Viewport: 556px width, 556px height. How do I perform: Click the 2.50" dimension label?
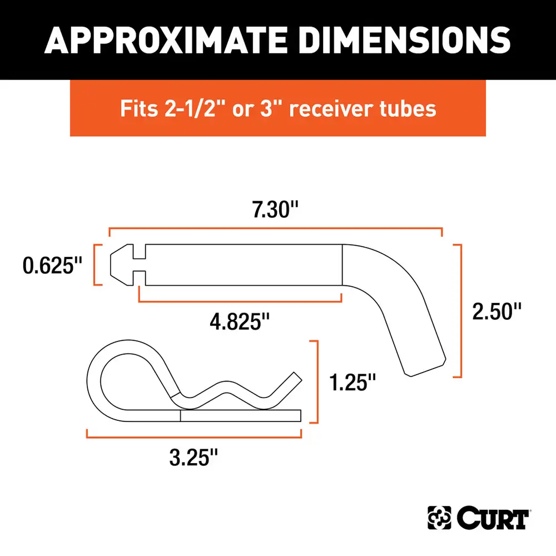coord(497,311)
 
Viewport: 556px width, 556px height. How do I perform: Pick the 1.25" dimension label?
coord(352,382)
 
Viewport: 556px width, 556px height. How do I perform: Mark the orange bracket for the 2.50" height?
coord(459,311)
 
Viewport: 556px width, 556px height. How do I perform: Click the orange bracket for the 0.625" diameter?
coord(97,265)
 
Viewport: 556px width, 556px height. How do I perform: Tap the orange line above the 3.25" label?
coord(193,435)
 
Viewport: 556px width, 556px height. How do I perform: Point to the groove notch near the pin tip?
coord(139,265)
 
